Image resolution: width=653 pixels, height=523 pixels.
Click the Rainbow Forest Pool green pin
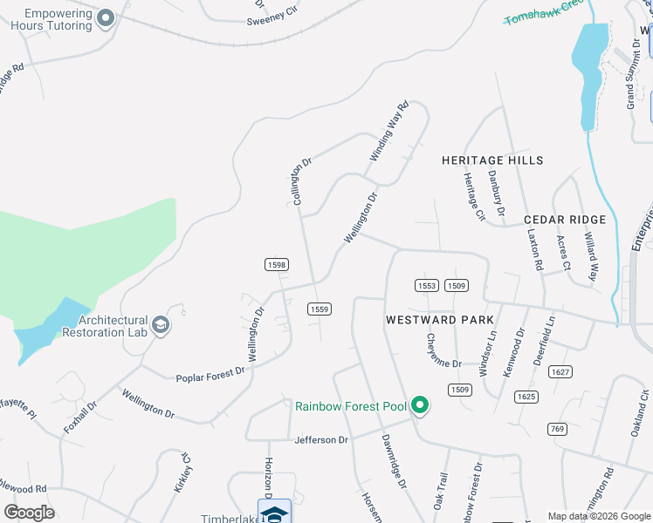click(x=420, y=405)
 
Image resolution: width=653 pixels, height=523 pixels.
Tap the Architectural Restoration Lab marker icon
click(x=160, y=325)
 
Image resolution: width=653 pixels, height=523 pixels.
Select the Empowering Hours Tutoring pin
click(x=107, y=18)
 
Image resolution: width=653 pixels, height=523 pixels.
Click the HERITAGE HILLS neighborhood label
click(x=492, y=160)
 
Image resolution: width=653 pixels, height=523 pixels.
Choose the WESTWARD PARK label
click(x=439, y=320)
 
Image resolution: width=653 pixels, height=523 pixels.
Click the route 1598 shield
click(x=276, y=264)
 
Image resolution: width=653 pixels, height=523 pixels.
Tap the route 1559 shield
click(x=319, y=309)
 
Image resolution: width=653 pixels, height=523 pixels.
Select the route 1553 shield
click(x=427, y=286)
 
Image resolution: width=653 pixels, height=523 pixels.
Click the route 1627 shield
click(x=560, y=372)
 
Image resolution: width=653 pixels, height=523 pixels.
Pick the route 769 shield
click(x=558, y=428)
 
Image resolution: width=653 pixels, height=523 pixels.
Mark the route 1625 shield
click(x=526, y=397)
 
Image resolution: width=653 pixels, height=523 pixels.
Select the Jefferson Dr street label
click(x=320, y=440)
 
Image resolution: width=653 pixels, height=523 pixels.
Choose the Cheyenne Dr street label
click(x=443, y=350)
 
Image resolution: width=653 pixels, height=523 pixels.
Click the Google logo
click(x=29, y=513)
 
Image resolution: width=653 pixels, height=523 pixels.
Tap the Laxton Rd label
click(x=535, y=249)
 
